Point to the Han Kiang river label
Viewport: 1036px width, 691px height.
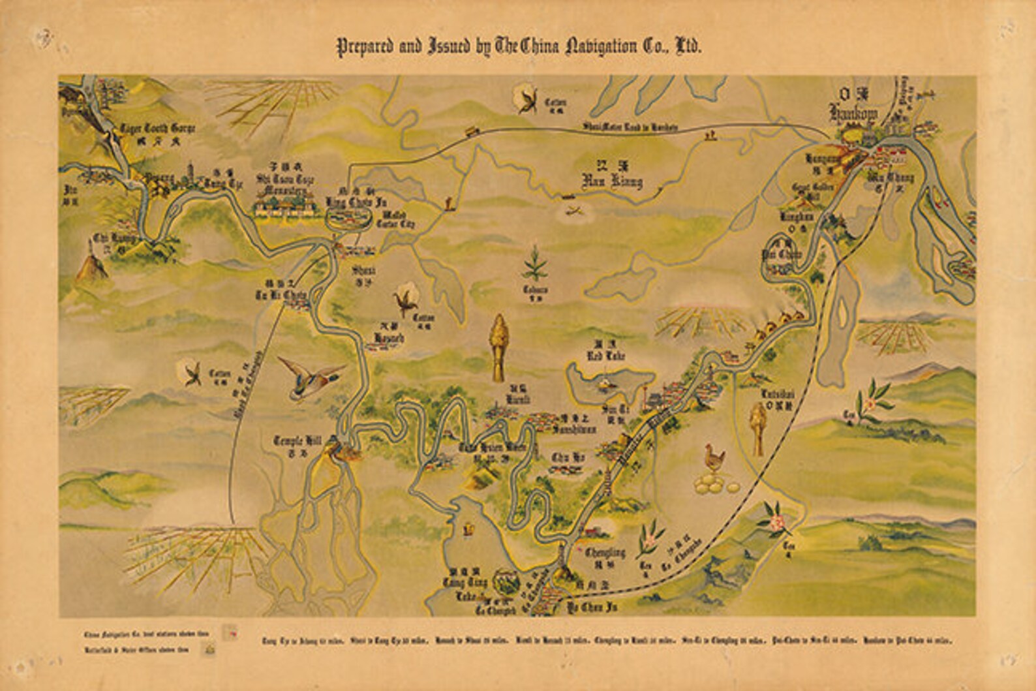click(611, 181)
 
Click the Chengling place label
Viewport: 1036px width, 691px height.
click(605, 553)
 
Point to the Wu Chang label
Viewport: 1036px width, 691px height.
click(891, 177)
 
